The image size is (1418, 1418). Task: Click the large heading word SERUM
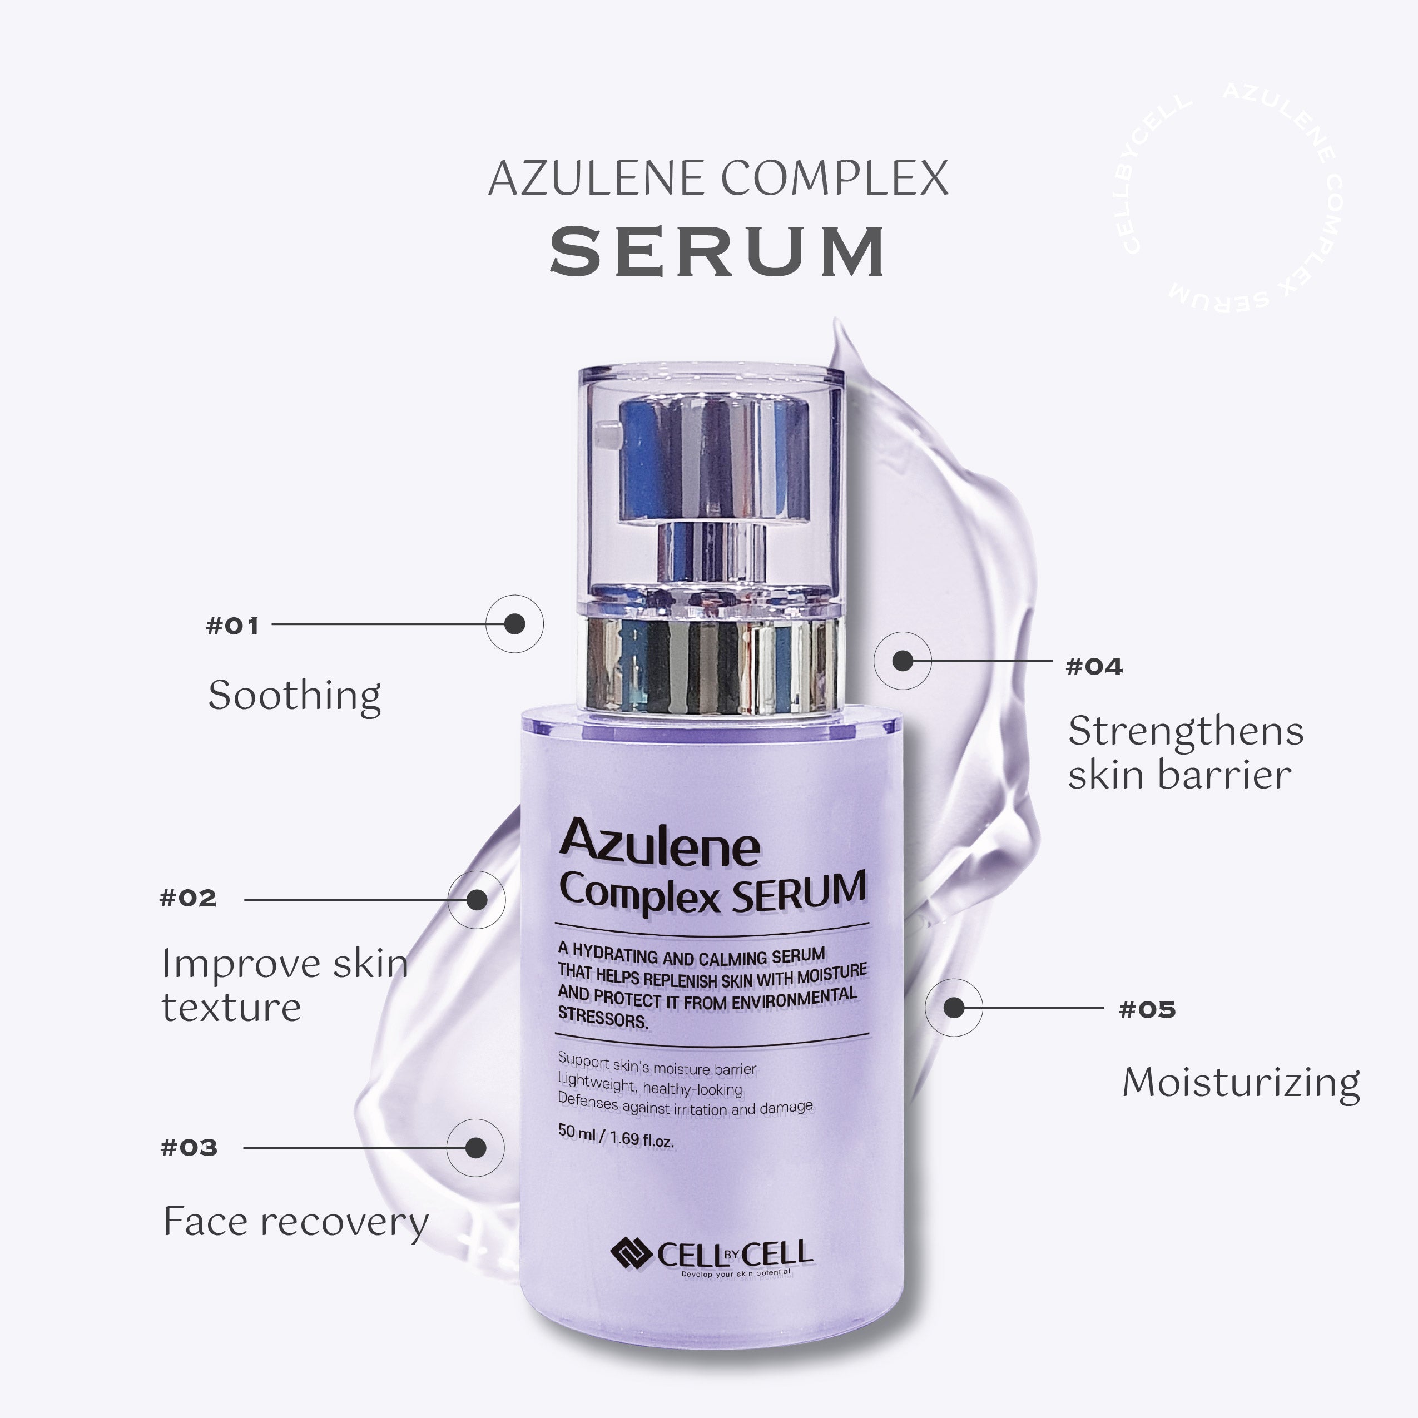(x=718, y=252)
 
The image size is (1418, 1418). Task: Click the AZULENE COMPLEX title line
(x=718, y=179)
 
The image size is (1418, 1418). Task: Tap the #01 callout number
(x=232, y=626)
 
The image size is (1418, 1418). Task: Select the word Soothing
(x=294, y=695)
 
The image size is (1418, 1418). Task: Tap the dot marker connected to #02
(x=477, y=899)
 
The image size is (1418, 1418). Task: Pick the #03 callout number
(x=189, y=1148)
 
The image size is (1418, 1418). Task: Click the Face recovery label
(x=295, y=1222)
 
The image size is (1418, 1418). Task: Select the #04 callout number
(x=1094, y=666)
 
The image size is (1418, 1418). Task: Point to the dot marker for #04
(x=902, y=661)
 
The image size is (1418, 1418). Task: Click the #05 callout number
(x=1147, y=1009)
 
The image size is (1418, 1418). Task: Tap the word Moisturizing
(x=1241, y=1083)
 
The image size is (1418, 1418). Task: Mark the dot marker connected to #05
(x=954, y=1008)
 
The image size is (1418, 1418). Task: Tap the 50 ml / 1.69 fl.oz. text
(x=615, y=1136)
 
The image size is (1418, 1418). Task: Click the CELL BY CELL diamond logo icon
(x=631, y=1253)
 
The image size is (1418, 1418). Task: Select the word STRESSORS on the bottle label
(x=603, y=1018)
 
